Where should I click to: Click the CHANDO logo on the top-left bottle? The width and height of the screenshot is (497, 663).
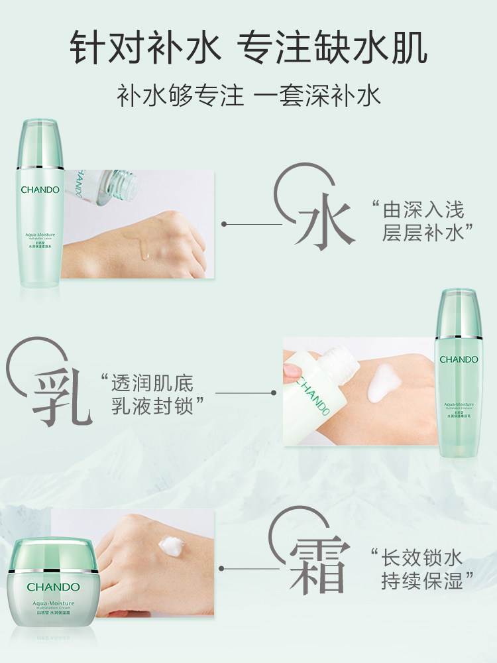[40, 190]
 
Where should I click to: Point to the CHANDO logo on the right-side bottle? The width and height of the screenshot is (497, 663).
[459, 359]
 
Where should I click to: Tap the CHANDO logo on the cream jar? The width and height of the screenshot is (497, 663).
[54, 587]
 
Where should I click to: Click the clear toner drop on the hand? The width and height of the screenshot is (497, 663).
[143, 249]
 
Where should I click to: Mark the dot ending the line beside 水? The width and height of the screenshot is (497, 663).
[223, 225]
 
